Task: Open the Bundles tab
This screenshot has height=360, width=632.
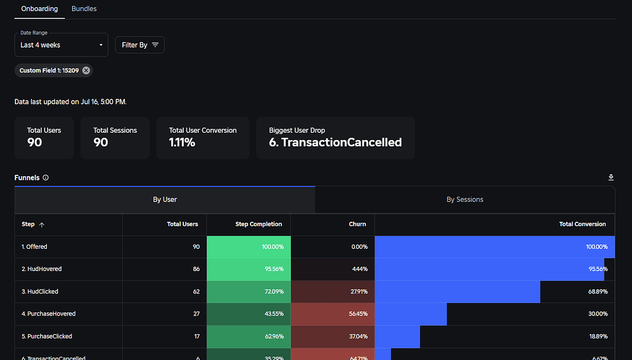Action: point(84,9)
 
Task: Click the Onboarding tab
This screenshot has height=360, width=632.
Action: point(39,9)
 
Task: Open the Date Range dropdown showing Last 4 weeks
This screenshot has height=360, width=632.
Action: point(61,45)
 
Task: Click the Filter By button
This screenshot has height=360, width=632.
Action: point(139,45)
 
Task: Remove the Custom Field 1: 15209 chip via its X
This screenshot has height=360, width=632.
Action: point(86,70)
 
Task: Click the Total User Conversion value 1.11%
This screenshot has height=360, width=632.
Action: point(182,143)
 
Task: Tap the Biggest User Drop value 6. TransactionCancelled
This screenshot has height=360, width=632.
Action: point(335,143)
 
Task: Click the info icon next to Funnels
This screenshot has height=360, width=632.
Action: point(46,178)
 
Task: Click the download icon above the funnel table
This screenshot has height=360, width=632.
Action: point(611,178)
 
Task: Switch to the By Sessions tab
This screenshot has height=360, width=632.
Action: point(465,199)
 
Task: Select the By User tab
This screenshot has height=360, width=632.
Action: point(165,199)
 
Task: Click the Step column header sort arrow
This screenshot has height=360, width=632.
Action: point(42,225)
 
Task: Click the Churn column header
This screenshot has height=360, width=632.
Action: point(357,224)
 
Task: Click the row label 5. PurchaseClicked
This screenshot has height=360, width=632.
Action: point(47,337)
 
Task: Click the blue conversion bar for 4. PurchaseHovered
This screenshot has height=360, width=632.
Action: point(410,314)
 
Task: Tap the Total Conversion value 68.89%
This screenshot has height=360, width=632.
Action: point(598,291)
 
